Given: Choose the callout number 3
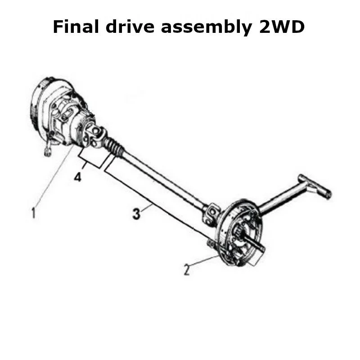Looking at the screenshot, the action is pyautogui.click(x=137, y=214).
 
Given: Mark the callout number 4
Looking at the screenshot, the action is pyautogui.click(x=78, y=178).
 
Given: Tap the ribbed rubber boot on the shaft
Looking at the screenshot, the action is pyautogui.click(x=114, y=147).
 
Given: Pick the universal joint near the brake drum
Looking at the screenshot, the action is pyautogui.click(x=211, y=213).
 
